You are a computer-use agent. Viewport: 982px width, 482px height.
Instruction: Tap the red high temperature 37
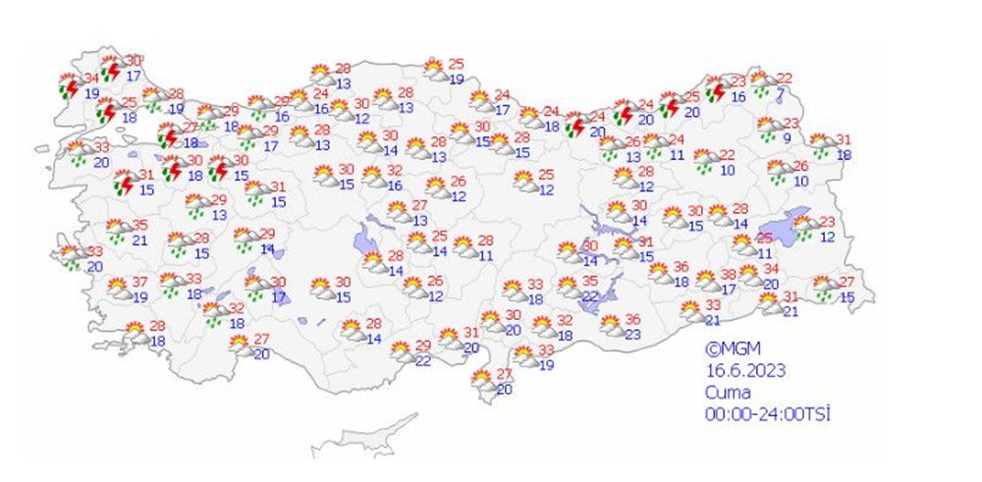(x=140, y=283)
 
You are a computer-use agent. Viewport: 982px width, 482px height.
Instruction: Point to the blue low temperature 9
(x=787, y=137)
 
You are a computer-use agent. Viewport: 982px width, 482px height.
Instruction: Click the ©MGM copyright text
(x=727, y=348)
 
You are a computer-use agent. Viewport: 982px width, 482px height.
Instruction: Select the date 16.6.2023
(x=744, y=370)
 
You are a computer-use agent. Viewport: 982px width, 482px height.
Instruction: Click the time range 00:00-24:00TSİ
(x=767, y=413)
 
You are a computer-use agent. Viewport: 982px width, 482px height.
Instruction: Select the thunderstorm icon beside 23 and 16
(x=716, y=89)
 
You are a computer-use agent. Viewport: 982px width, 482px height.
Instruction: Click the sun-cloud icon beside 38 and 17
(x=707, y=282)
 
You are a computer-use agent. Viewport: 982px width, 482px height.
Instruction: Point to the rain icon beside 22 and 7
(x=759, y=82)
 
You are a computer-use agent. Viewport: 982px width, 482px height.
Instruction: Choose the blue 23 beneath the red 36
(x=632, y=334)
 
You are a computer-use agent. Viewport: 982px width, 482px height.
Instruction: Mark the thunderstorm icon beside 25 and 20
(x=670, y=104)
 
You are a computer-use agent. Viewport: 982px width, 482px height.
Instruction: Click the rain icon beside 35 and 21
(x=117, y=232)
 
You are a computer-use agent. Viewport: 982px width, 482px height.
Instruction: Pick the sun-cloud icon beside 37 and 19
(x=118, y=289)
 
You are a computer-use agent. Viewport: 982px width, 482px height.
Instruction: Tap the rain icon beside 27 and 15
(x=824, y=288)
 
